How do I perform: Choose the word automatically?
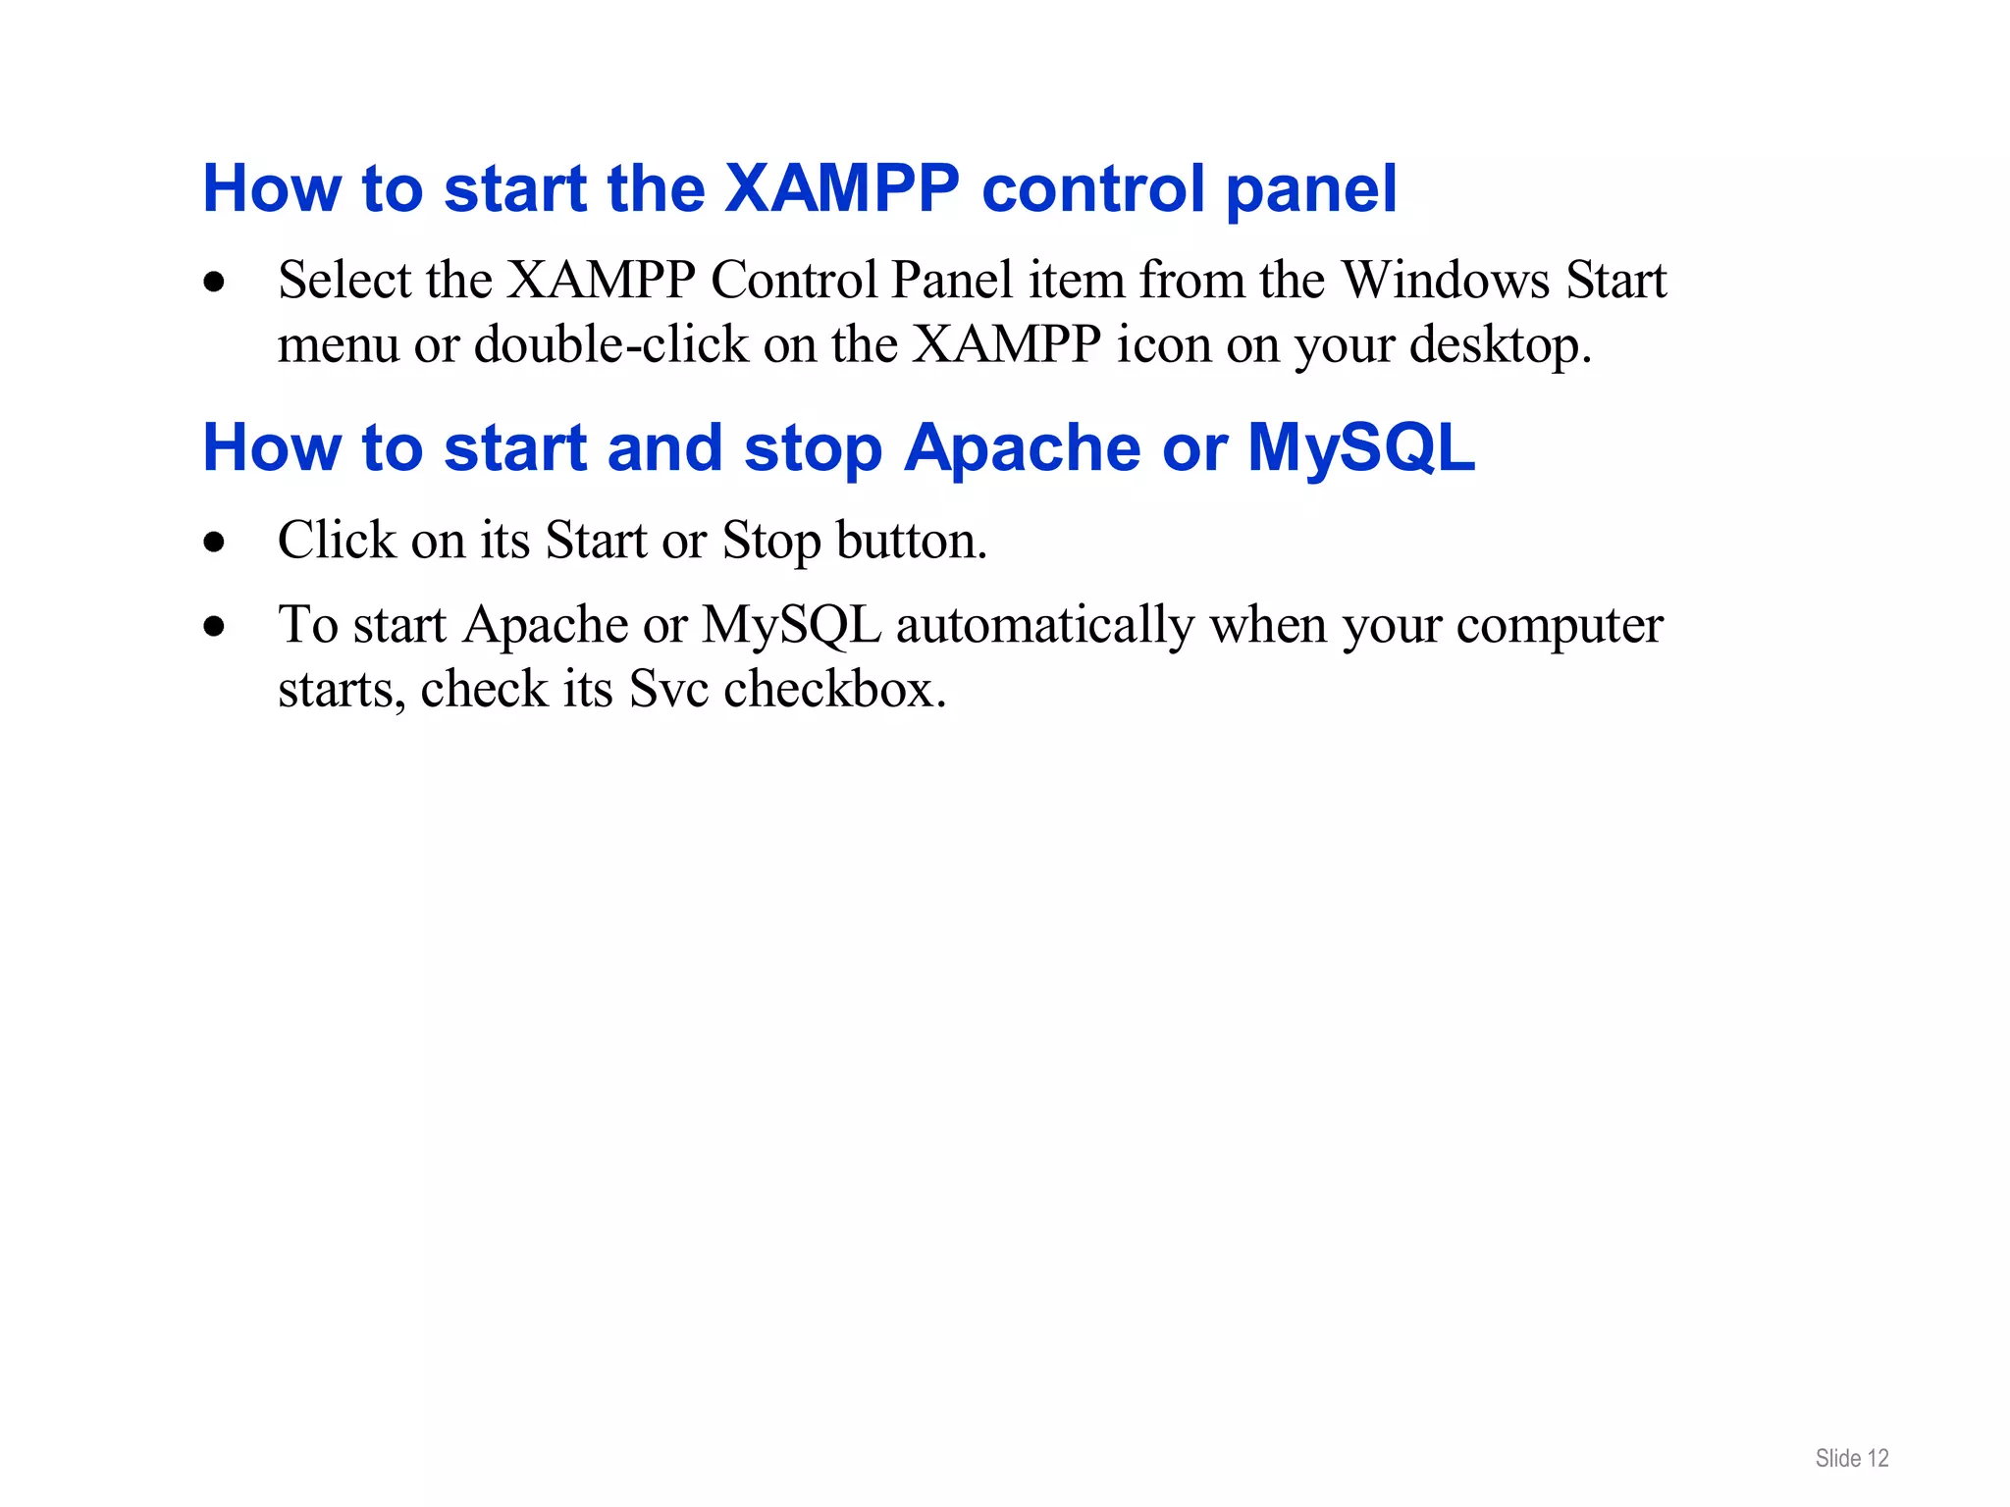[1044, 626]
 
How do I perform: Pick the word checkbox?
[834, 689]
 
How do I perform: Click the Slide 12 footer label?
[1851, 1459]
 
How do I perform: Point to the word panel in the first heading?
[1311, 190]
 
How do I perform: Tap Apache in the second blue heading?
[1022, 449]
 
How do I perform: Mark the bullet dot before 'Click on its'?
[214, 543]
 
